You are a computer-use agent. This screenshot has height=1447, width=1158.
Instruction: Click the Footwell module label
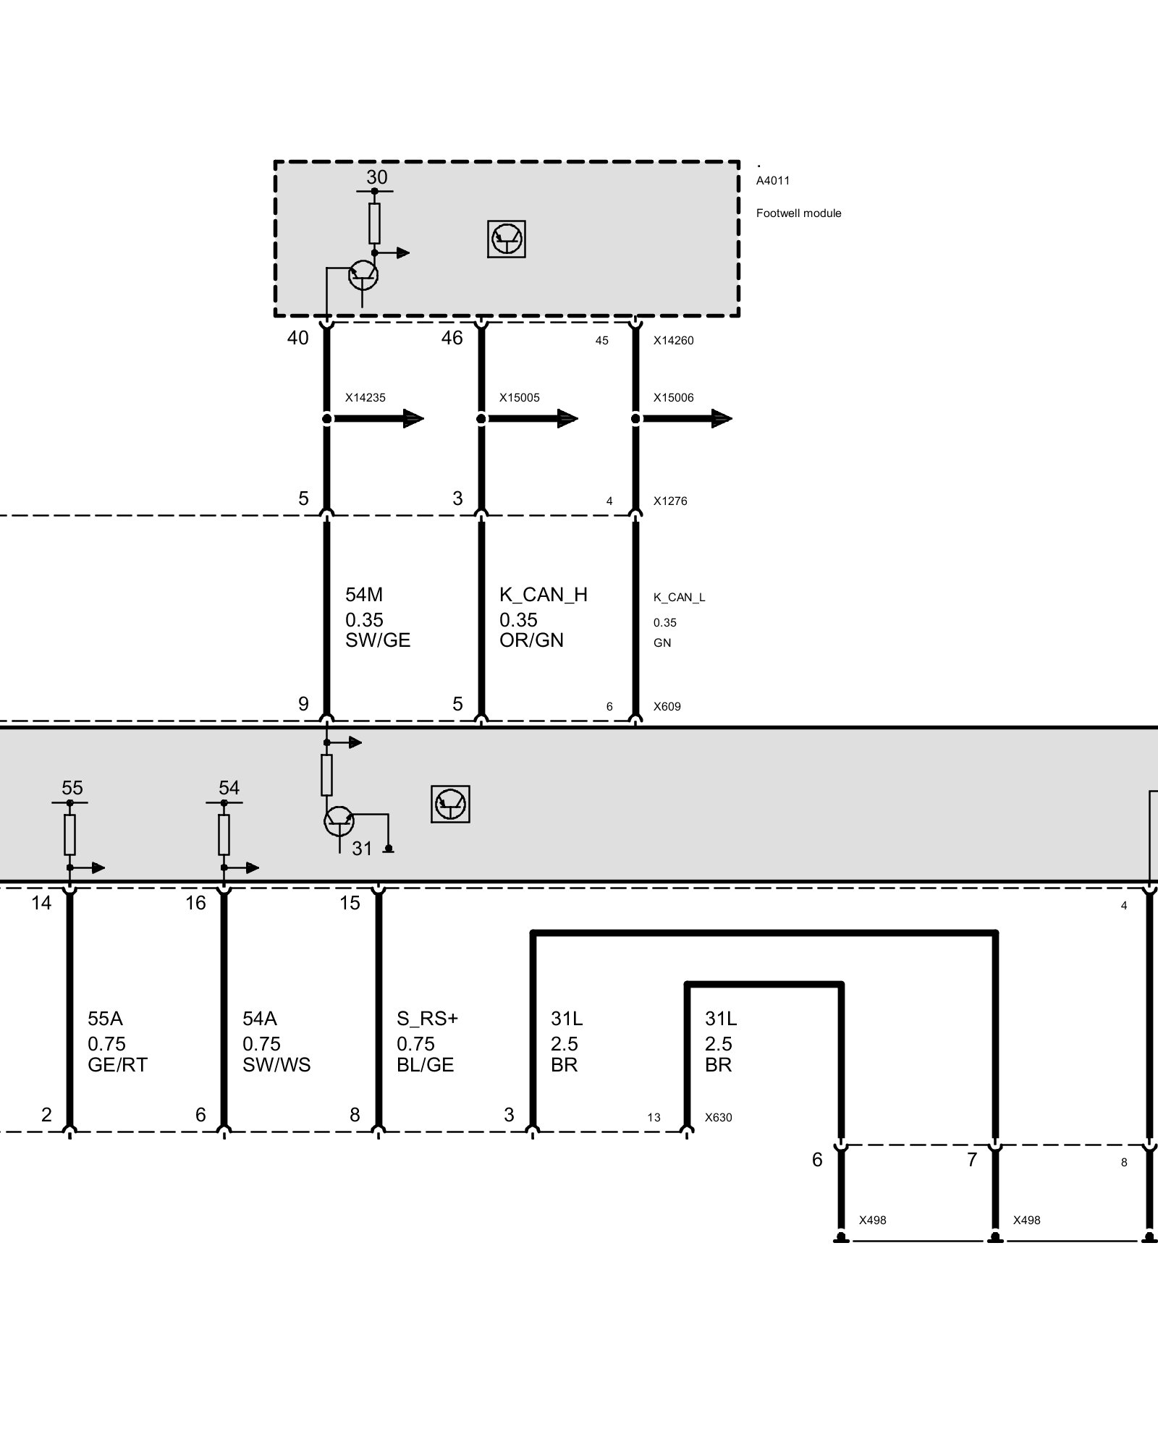798,213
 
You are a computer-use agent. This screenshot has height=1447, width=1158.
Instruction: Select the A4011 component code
772,181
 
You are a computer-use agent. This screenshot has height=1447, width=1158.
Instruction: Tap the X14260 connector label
673,341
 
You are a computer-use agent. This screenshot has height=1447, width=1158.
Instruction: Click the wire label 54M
364,595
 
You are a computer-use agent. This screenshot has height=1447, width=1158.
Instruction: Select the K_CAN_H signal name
544,595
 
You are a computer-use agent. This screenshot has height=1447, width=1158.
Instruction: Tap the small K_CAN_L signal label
679,598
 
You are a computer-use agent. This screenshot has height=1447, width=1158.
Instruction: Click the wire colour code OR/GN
531,640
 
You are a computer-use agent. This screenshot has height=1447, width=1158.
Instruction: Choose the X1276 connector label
670,501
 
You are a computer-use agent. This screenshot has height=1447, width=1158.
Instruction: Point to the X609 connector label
667,706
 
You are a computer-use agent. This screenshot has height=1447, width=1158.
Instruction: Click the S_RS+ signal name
427,1019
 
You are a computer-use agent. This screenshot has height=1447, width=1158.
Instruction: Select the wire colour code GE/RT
117,1065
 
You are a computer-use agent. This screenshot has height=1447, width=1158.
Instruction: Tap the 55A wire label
105,1019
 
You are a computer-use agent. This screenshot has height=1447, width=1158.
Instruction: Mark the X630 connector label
718,1118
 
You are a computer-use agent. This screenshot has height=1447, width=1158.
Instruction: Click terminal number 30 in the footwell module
377,177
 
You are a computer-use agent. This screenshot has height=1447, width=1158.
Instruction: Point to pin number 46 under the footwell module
452,338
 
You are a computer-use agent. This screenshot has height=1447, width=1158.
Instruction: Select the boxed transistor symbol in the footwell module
507,239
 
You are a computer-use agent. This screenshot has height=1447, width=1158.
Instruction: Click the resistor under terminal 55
70,834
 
